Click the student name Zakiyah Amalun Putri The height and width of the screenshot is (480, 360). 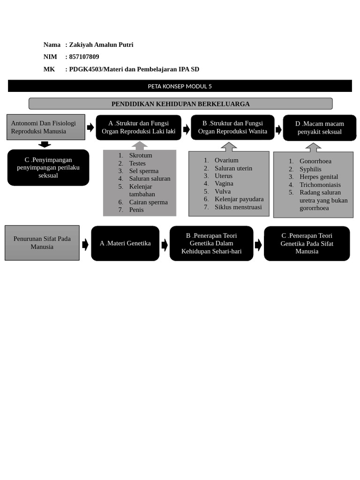coord(101,45)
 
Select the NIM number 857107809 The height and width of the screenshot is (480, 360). coord(84,57)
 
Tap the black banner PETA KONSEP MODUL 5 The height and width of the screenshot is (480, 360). coord(180,86)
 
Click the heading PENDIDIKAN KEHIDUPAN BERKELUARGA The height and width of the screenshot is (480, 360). coord(180,104)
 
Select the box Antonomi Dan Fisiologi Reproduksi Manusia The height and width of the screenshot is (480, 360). coord(45,127)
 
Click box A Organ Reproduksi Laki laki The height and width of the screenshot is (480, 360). coord(138,127)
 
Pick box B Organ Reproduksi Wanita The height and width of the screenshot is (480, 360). coord(232,127)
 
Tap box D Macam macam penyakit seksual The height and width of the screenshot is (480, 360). coord(319,127)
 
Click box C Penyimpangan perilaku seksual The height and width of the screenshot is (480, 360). coord(48,167)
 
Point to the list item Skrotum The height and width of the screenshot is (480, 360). coord(141,155)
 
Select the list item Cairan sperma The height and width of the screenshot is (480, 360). coord(148,202)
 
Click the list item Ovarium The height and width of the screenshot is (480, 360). coord(226,160)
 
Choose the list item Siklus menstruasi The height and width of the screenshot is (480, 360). coord(238,207)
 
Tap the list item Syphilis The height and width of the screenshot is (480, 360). coord(310,169)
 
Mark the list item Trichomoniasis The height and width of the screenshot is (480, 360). coord(320,185)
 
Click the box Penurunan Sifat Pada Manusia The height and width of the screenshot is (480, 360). coord(42,243)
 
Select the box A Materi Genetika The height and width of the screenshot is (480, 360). coord(125,243)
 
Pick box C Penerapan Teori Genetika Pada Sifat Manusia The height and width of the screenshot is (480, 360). coord(307,243)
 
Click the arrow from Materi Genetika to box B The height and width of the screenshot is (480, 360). coord(165,245)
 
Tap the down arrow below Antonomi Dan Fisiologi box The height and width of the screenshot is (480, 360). coord(45,144)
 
